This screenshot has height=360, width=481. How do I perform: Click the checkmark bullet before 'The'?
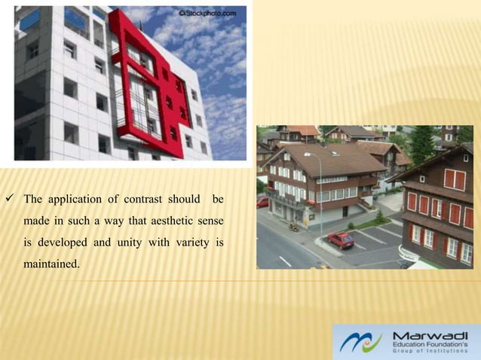11,200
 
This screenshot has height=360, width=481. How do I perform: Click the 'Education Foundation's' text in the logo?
432,344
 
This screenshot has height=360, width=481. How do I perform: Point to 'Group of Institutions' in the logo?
432,352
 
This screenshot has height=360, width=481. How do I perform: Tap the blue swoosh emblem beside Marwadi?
360,342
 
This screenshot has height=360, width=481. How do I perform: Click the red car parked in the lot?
341,239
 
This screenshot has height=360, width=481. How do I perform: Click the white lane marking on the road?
285,261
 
